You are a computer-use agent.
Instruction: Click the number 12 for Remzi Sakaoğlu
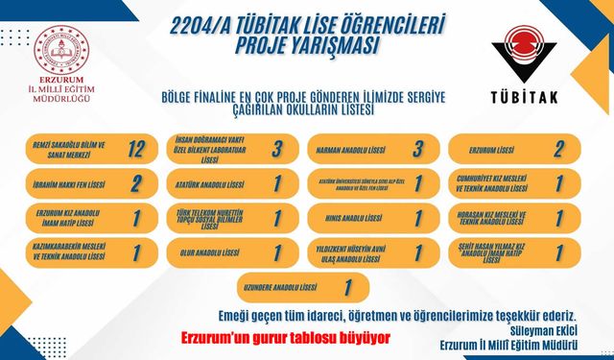[x=136, y=148]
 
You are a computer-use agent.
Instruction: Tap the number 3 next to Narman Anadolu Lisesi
[x=419, y=148]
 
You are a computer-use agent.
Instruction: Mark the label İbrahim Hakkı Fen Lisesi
[x=60, y=183]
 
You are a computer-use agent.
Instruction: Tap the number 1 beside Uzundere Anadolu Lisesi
[x=347, y=286]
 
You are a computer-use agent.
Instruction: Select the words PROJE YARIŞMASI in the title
[x=297, y=46]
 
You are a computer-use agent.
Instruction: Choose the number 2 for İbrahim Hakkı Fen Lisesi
[x=136, y=183]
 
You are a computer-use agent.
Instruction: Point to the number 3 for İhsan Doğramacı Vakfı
[x=275, y=148]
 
